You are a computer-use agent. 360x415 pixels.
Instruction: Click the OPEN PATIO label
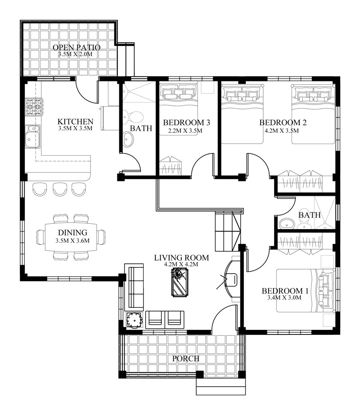pos(76,47)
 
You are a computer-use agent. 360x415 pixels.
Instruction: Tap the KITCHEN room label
pos(76,122)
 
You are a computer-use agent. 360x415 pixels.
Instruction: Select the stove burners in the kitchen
pos(33,107)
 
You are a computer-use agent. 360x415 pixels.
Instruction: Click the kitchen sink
pos(32,136)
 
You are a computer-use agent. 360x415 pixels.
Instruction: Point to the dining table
pos(72,237)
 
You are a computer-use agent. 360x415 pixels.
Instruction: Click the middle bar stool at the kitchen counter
pos(60,189)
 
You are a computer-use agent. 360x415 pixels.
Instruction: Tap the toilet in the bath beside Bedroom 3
pos(135,116)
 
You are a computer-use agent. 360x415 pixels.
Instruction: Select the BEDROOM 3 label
pos(187,122)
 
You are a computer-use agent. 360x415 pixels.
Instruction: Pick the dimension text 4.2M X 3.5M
pos(283,131)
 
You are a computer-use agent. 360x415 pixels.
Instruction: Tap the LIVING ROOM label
pos(181,258)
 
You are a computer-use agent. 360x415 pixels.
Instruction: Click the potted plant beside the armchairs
pos(135,320)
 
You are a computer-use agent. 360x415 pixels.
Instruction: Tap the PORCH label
pos(186,359)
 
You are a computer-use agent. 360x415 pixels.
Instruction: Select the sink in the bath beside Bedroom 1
pos(285,223)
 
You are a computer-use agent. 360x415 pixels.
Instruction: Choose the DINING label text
pos(72,233)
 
